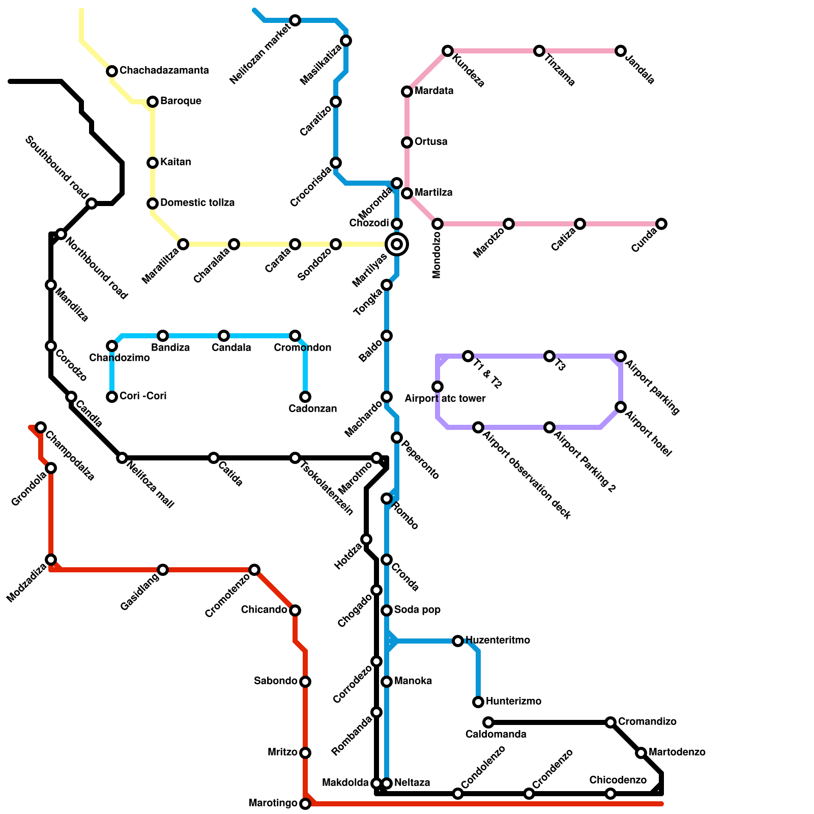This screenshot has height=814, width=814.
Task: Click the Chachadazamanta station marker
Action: click(112, 71)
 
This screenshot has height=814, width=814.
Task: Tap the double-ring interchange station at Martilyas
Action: click(397, 244)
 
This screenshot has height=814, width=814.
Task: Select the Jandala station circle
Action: click(621, 51)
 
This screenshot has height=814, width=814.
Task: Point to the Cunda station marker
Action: click(661, 224)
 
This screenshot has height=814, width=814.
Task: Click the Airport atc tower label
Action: click(445, 399)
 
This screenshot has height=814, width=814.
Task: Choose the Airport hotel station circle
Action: click(621, 407)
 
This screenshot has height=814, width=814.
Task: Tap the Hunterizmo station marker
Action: click(478, 702)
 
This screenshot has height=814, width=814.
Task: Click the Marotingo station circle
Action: click(305, 804)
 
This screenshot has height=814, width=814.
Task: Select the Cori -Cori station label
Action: click(143, 396)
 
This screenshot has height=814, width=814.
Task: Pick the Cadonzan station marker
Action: click(305, 397)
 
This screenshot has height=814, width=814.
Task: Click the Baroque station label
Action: click(181, 101)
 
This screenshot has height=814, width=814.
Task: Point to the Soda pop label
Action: click(417, 610)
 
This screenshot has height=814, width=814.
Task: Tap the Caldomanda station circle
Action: click(488, 722)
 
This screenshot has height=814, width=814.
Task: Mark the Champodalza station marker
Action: click(41, 427)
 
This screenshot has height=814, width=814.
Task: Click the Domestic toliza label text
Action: click(197, 203)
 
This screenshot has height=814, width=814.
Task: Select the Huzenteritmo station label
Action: click(498, 641)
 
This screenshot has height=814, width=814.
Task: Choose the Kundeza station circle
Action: click(448, 51)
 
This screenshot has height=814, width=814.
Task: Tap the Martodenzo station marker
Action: click(641, 753)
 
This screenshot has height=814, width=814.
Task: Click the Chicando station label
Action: click(264, 610)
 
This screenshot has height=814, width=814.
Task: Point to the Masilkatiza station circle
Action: click(346, 41)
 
